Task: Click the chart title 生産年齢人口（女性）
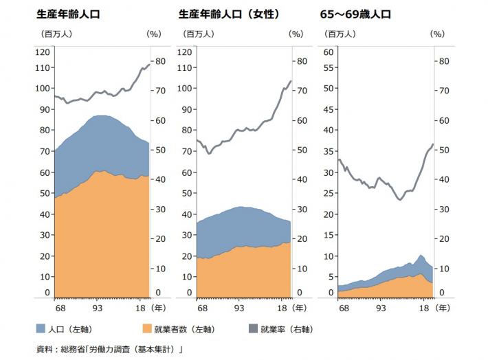[229, 14]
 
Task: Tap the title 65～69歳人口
[355, 14]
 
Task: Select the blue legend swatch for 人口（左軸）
[41, 328]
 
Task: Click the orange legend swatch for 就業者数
[147, 328]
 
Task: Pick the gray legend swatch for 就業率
[254, 328]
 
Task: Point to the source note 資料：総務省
[60, 350]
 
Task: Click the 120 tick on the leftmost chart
[43, 52]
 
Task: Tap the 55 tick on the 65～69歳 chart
[328, 67]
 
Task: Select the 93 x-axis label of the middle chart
[239, 308]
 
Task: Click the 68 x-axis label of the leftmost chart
[60, 308]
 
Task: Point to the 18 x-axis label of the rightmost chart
[424, 308]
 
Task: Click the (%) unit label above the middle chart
[296, 34]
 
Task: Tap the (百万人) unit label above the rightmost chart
[340, 34]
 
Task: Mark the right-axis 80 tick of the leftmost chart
[160, 61]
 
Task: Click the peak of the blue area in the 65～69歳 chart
[421, 255]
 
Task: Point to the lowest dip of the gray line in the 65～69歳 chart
[400, 199]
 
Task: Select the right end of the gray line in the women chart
[291, 81]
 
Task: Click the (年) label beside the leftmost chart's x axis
[158, 308]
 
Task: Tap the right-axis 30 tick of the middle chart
[302, 209]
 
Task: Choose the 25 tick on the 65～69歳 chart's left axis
[328, 193]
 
